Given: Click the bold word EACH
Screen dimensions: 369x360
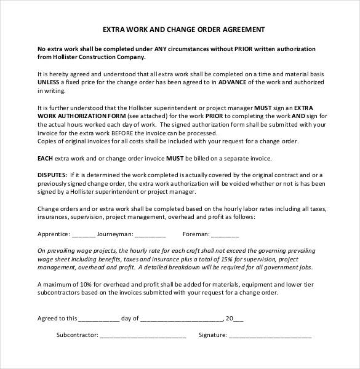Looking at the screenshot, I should [46, 158].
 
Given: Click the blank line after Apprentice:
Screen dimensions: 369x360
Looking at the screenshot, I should [84, 234].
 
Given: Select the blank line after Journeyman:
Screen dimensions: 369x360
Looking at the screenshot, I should [150, 234].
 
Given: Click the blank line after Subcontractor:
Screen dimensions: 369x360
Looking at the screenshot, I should [142, 336].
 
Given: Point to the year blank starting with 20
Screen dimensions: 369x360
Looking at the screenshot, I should [234, 319].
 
